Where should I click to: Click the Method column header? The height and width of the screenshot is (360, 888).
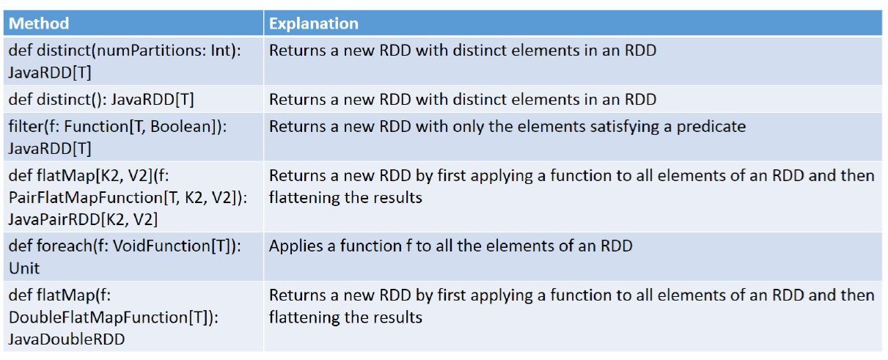coord(39,23)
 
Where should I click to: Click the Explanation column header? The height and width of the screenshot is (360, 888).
coord(314,23)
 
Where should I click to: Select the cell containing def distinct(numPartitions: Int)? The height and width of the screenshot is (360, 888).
coord(110,51)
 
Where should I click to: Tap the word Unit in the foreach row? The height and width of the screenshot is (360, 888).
coord(24,268)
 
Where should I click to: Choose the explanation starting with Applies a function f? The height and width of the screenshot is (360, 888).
coord(450,246)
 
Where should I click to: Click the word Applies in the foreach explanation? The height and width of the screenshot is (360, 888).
coord(294,246)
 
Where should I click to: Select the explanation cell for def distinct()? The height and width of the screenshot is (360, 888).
coord(463,99)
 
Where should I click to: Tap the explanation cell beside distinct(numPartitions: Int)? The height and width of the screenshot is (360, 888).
coord(463,51)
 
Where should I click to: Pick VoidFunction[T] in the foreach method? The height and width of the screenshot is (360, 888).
coord(158,246)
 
